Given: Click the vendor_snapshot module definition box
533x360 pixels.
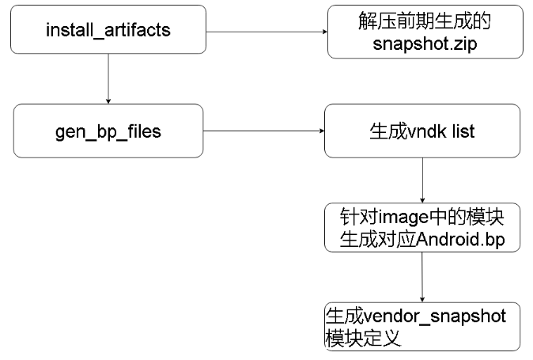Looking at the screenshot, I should point(422,326).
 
